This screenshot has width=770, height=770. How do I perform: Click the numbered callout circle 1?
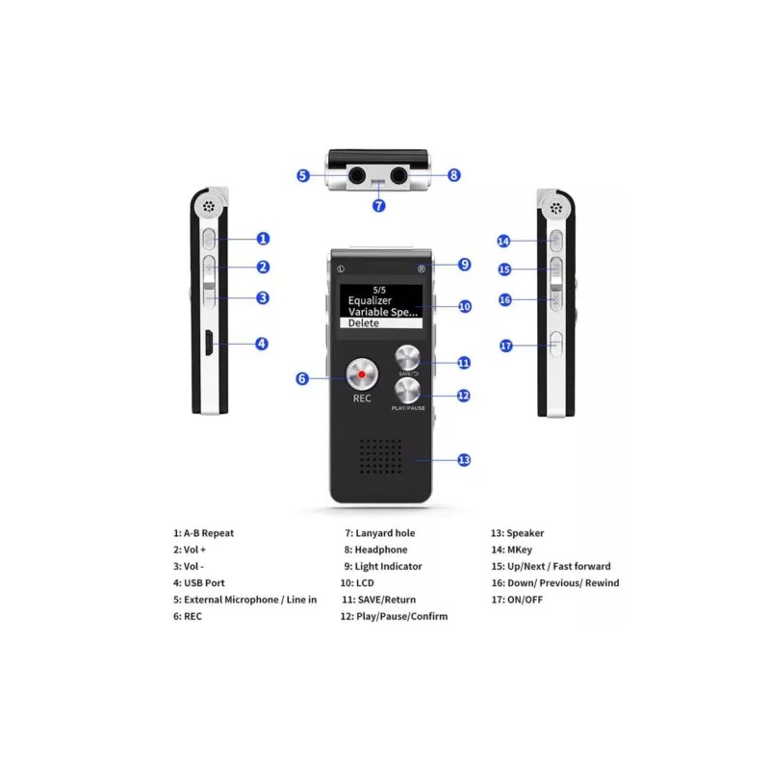[263, 239]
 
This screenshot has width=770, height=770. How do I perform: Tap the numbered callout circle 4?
[261, 343]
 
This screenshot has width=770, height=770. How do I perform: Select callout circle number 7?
[379, 205]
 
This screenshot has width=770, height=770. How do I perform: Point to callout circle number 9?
[464, 264]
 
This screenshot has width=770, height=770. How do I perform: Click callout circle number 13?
[464, 460]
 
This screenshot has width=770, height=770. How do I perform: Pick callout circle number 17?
[506, 346]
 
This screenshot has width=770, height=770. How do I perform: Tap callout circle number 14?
[503, 241]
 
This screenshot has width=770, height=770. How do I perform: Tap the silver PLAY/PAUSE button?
[407, 390]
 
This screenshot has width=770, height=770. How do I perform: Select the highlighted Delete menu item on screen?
[364, 323]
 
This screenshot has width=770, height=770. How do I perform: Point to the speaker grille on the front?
[382, 459]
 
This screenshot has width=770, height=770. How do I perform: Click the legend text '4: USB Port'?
[199, 582]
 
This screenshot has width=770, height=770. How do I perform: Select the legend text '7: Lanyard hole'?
[380, 533]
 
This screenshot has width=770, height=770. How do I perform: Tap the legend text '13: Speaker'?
[517, 533]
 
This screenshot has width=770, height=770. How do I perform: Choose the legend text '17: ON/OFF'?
[518, 600]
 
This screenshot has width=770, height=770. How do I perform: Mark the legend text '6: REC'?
[188, 616]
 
